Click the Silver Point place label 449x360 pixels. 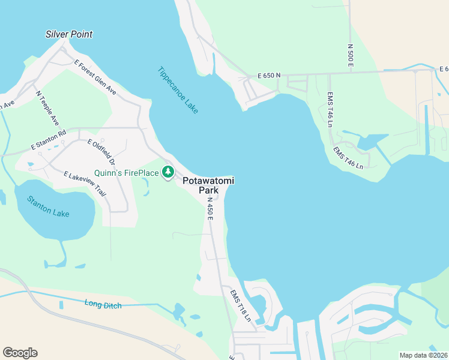69,34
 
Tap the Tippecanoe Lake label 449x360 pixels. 178,89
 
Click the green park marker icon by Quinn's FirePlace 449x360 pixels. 169,173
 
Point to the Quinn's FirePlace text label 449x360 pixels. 127,173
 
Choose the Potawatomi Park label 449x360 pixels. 208,185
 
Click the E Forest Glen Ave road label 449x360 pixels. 95,77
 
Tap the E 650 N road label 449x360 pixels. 269,76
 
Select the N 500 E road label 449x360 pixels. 351,55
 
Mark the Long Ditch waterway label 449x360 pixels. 103,305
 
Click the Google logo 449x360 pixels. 20,353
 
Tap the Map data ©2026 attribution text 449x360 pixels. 423,355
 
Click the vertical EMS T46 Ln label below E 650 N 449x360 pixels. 330,110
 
